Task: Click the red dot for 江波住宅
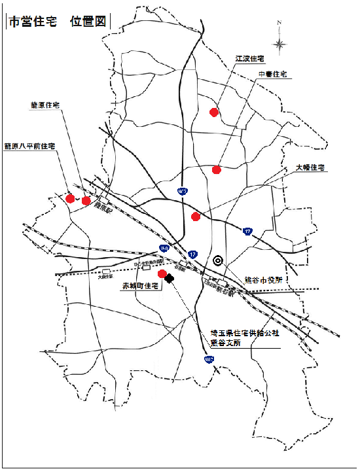213,112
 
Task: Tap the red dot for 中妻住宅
217,170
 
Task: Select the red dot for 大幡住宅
195,217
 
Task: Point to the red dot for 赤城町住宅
162,273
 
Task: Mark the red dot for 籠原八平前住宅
70,198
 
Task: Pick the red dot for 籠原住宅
86,200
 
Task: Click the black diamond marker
170,278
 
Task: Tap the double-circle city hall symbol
219,259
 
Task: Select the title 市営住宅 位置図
58,21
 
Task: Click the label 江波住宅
250,59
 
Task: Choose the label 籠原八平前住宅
30,146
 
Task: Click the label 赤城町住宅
141,287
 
